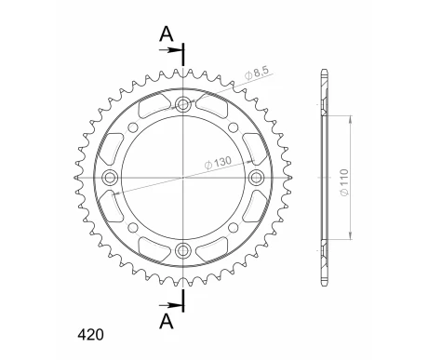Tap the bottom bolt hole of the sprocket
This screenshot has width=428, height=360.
point(183,249)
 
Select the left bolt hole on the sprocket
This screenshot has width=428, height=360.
point(111,177)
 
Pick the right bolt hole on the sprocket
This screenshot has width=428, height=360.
point(256,177)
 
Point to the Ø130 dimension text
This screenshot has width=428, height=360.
point(221,164)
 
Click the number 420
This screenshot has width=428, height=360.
point(92,332)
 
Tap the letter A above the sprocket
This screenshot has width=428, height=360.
point(167,34)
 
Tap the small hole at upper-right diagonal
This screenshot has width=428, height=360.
point(235,125)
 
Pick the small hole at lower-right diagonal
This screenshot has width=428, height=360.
point(235,228)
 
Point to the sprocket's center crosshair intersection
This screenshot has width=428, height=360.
point(183,177)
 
